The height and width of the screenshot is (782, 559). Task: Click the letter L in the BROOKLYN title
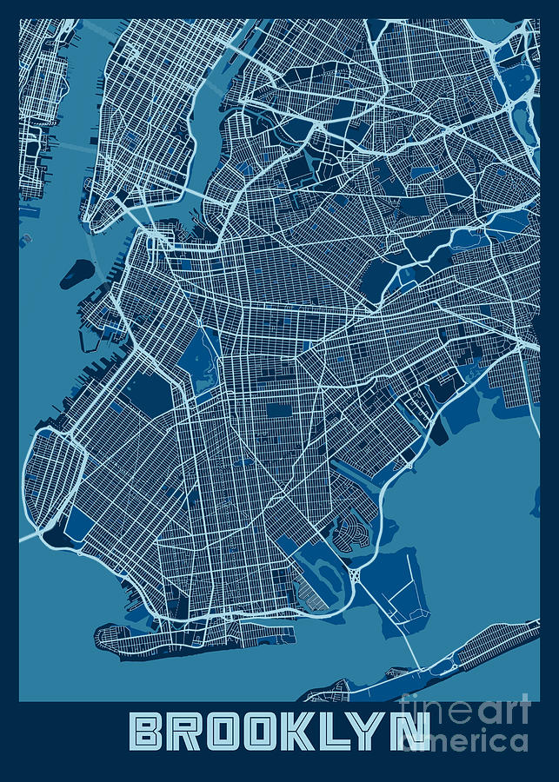pyautogui.click(x=336, y=732)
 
